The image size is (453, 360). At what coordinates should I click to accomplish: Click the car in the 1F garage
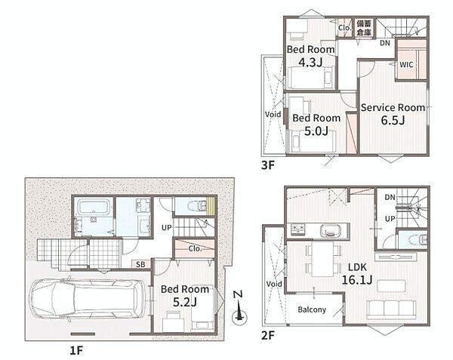88,299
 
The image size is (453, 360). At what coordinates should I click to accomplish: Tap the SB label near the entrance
140,264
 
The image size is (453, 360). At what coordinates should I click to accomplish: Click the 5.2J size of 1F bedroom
185,302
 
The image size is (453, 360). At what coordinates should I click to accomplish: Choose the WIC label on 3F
406,64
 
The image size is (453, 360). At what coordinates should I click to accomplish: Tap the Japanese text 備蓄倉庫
364,28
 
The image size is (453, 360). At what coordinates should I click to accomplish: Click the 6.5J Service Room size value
393,120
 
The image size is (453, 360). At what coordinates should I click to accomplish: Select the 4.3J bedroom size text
310,62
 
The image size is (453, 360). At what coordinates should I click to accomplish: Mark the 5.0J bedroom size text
316,131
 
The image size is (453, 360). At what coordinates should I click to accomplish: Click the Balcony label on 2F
312,309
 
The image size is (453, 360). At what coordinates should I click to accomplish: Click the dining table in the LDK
322,259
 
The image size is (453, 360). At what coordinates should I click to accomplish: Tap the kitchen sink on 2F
331,231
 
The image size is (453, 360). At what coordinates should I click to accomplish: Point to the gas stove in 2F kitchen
298,229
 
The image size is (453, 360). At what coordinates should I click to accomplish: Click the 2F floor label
268,335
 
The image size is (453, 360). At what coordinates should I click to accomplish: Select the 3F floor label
268,165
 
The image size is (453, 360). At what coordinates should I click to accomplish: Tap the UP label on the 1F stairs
166,228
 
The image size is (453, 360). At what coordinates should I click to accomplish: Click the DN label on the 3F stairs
385,43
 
